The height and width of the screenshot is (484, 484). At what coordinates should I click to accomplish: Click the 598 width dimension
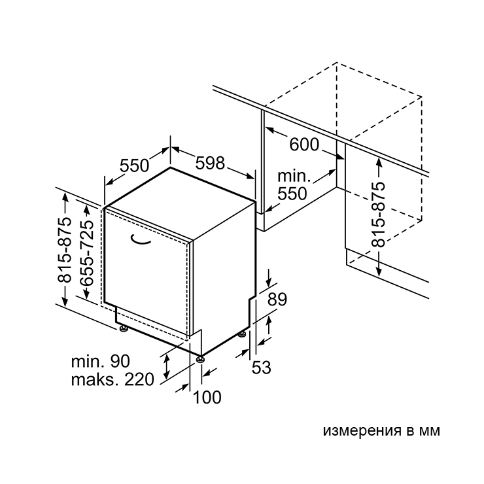210,163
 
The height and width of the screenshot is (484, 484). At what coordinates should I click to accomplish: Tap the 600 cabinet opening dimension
304,144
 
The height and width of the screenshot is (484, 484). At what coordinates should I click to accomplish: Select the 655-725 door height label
86,253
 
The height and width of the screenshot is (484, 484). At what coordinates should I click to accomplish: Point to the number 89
277,299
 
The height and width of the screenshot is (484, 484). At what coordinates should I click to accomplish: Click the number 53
262,367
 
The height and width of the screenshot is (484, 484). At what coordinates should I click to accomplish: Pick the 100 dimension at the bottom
207,397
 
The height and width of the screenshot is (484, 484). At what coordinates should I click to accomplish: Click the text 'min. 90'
101,361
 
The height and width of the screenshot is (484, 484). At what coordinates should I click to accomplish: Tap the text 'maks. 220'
112,379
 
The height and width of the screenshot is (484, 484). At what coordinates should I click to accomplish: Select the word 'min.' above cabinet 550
294,176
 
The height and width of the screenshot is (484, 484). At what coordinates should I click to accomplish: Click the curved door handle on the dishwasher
140,241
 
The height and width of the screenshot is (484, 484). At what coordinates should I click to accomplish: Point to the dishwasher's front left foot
124,328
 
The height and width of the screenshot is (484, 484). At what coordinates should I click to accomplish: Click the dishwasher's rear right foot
242,334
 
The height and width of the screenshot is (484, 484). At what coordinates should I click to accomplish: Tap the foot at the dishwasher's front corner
201,359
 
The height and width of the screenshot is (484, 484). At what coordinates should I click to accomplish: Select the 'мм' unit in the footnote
429,431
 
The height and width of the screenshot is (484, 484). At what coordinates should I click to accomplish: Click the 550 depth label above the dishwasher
134,165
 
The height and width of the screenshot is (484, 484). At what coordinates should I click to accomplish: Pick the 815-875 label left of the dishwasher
65,250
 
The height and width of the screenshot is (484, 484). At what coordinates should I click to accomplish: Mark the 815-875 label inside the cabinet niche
378,215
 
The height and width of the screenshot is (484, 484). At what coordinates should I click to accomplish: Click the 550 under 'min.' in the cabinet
292,194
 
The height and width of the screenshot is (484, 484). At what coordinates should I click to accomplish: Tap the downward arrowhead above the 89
269,283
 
